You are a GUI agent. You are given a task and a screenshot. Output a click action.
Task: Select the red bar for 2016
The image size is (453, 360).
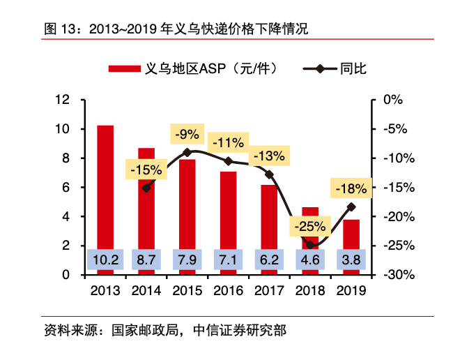click(228, 209)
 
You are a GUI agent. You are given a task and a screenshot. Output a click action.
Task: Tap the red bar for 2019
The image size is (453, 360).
click(351, 237)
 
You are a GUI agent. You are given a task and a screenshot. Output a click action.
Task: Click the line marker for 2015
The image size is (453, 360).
click(187, 152)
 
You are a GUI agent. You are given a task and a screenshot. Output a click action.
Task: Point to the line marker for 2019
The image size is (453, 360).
click(351, 207)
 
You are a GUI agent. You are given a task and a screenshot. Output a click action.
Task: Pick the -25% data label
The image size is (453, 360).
click(310, 226)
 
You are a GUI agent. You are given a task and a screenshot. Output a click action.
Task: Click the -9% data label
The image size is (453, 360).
click(187, 134)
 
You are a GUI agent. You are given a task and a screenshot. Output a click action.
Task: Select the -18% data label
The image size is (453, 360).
click(351, 188)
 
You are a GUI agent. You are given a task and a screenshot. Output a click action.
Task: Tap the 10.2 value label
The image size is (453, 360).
click(105, 260)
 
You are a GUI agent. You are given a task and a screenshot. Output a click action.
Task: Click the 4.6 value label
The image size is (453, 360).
click(310, 260)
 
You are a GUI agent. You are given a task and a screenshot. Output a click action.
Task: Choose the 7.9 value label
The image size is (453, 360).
click(187, 260)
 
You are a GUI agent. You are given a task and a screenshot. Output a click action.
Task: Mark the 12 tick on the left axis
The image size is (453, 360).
click(63, 100)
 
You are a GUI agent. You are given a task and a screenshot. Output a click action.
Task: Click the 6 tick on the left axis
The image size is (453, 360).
click(66, 187)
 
